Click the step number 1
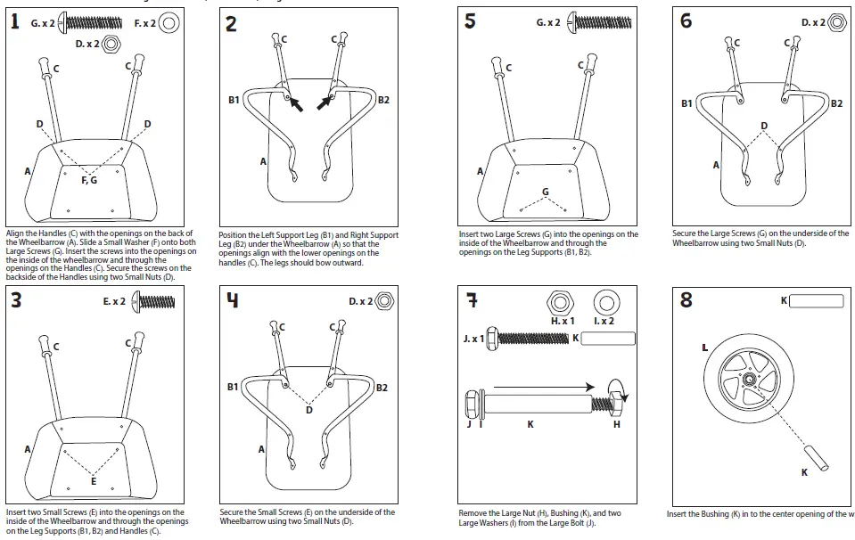click(x=16, y=22)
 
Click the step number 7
click(x=472, y=300)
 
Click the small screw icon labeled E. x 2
click(x=153, y=302)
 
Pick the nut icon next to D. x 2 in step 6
click(x=837, y=21)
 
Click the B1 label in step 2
click(x=234, y=100)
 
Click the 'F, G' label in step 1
click(x=90, y=179)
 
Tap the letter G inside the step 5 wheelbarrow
click(x=545, y=192)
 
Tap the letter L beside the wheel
click(x=704, y=347)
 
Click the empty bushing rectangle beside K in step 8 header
click(x=817, y=301)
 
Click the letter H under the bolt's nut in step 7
click(x=616, y=425)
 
